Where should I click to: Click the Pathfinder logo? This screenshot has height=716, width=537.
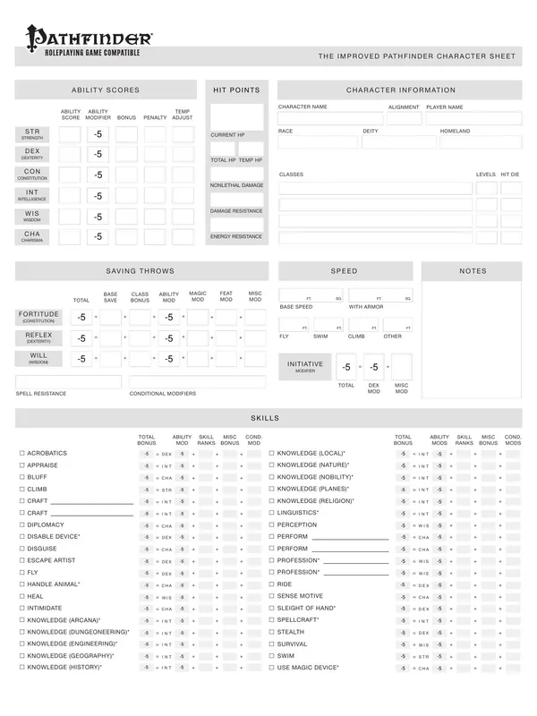(x=89, y=37)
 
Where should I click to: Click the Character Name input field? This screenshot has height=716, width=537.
(x=330, y=118)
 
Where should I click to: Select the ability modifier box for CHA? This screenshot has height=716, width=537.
(x=98, y=236)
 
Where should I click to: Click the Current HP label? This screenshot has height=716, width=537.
(x=224, y=135)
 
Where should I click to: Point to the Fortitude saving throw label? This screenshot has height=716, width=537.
(x=37, y=317)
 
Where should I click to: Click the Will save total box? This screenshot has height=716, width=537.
(x=81, y=358)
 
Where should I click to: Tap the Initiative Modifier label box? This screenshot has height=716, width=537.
(x=305, y=367)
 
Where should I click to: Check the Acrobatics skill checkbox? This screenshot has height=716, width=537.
(x=21, y=454)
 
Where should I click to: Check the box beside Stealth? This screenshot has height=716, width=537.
(x=272, y=632)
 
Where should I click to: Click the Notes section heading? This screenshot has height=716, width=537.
(x=472, y=270)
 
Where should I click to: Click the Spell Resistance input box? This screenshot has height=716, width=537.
(x=68, y=382)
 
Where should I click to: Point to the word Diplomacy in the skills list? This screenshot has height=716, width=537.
(x=46, y=524)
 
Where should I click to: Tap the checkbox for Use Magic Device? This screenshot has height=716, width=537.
(x=272, y=668)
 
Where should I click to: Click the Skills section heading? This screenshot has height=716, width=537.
(x=268, y=418)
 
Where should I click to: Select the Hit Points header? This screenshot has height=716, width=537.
(x=236, y=90)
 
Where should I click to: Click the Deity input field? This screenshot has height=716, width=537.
(x=399, y=141)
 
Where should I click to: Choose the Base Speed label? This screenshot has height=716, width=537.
(x=296, y=307)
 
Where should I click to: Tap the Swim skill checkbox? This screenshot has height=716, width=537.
(x=272, y=656)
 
